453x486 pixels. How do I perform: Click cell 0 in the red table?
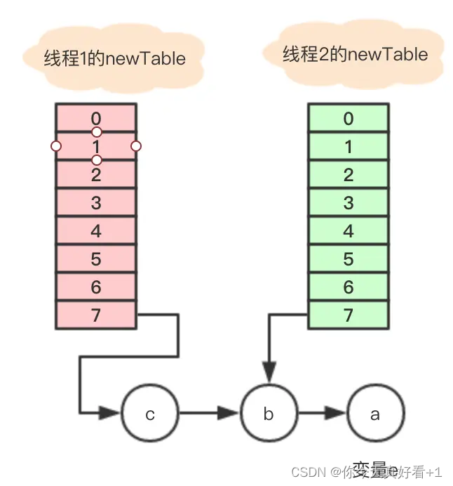pos(96,117)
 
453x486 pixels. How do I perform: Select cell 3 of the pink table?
pos(96,203)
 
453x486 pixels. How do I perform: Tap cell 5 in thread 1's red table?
pos(96,259)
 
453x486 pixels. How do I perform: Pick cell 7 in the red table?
pos(96,315)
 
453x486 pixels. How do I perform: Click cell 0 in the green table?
pos(349,118)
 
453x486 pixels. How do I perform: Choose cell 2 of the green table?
pos(349,175)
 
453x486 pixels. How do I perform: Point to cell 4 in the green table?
pos(349,231)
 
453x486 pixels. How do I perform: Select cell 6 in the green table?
pos(349,287)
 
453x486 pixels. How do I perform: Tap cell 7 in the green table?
pos(349,315)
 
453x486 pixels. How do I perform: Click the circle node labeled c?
pos(150,413)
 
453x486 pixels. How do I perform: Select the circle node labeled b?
pos(269,413)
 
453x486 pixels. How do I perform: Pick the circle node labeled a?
pos(375,413)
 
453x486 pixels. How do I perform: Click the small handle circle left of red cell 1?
pos(56,146)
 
